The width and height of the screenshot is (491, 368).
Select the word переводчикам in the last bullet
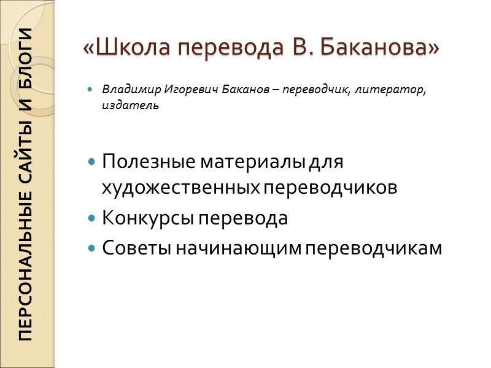pos(374,248)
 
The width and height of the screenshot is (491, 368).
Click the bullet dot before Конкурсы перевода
pos(92,218)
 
